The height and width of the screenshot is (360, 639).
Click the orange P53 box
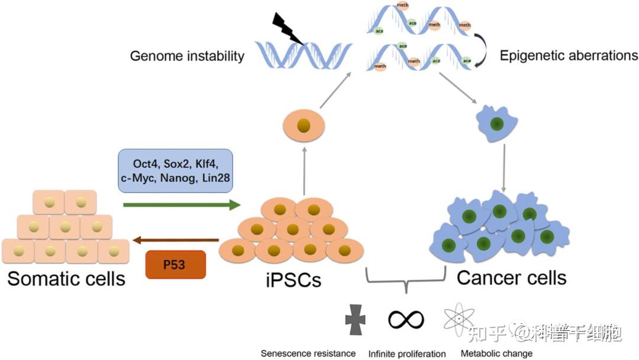tap(175, 264)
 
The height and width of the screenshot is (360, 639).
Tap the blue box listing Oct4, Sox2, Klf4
tap(176, 171)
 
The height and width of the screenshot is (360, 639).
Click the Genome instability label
tap(187, 56)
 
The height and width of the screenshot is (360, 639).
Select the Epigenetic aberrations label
tap(569, 56)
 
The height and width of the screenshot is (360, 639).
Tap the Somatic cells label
tap(66, 278)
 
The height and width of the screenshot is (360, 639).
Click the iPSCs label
tap(293, 278)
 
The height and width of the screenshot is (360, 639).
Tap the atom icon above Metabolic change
tap(458, 319)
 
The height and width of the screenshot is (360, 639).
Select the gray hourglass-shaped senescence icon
tap(356, 319)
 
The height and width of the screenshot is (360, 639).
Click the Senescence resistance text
tap(308, 353)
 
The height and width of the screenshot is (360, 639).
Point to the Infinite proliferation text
tap(406, 354)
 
